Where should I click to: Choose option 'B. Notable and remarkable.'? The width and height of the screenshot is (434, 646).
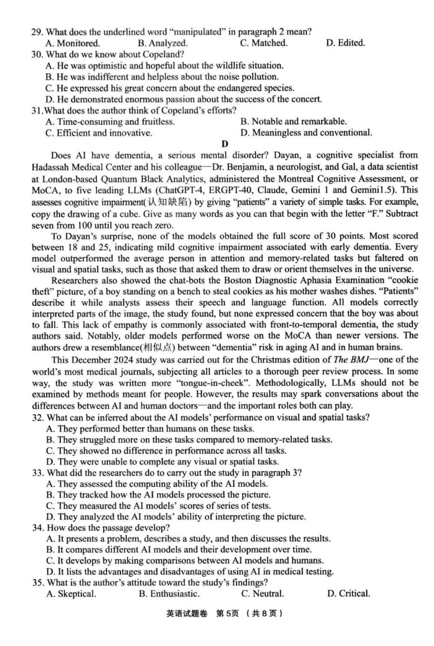point(293,122)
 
